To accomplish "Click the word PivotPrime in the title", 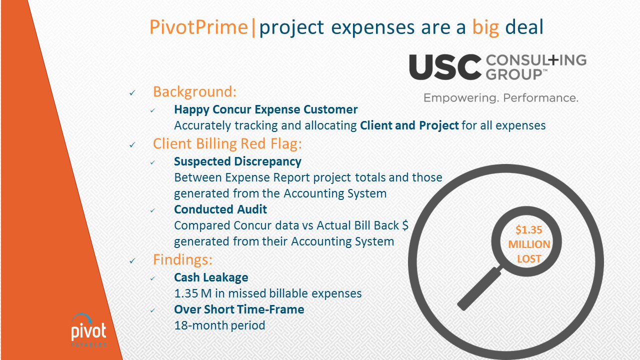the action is click(198, 27).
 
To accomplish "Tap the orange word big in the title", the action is click(485, 28).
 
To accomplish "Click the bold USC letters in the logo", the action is click(445, 67).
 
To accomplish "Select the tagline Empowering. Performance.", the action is click(501, 98).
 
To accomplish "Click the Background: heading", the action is click(194, 91).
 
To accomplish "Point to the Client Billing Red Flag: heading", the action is click(227, 143).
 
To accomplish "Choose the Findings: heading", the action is click(182, 259).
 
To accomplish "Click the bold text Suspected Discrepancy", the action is click(237, 161).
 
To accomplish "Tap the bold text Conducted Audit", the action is click(220, 209).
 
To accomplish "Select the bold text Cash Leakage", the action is click(211, 277).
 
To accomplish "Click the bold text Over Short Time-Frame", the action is click(239, 309).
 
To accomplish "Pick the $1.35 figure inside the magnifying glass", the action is click(528, 229).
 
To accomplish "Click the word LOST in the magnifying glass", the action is click(529, 259).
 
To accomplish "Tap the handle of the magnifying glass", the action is click(479, 288).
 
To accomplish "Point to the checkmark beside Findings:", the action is click(132, 260).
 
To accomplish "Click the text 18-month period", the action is click(219, 325).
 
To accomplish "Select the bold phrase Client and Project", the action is click(409, 125).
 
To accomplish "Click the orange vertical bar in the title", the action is click(253, 27).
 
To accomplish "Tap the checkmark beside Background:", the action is click(132, 93).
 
